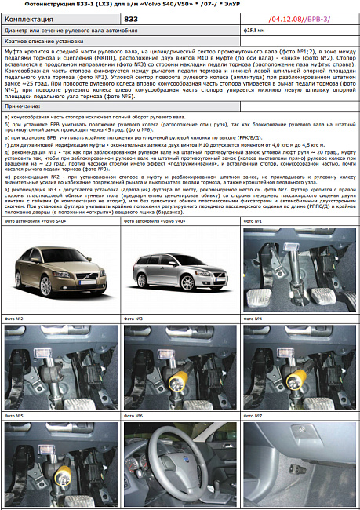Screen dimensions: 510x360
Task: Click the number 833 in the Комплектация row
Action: [132, 17]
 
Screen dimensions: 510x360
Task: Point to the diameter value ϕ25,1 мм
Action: [256, 30]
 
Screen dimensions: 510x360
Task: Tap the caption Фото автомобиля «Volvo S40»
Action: [34, 222]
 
